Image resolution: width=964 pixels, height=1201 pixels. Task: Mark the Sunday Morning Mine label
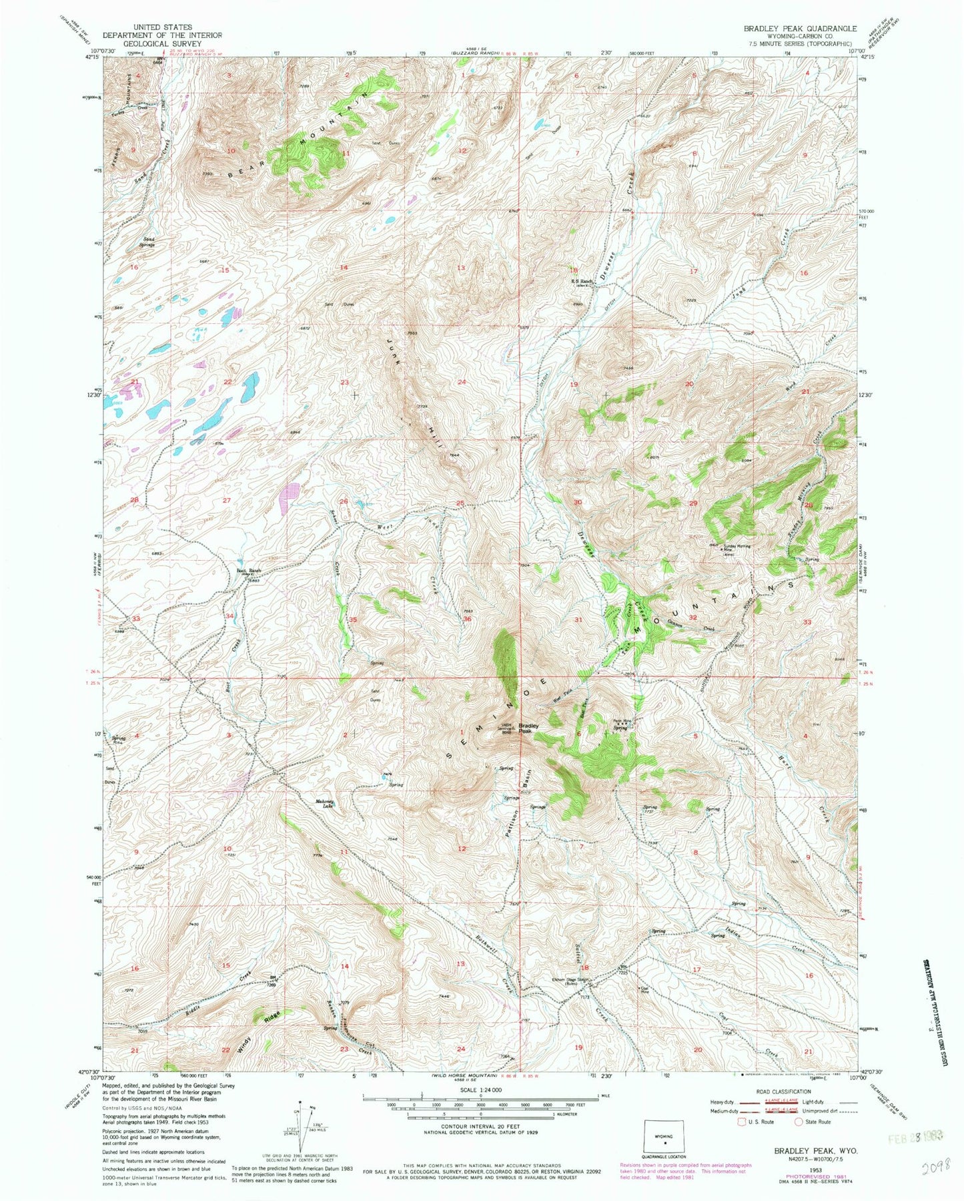(735, 547)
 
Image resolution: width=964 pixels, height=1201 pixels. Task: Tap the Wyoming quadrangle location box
(662, 1134)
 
